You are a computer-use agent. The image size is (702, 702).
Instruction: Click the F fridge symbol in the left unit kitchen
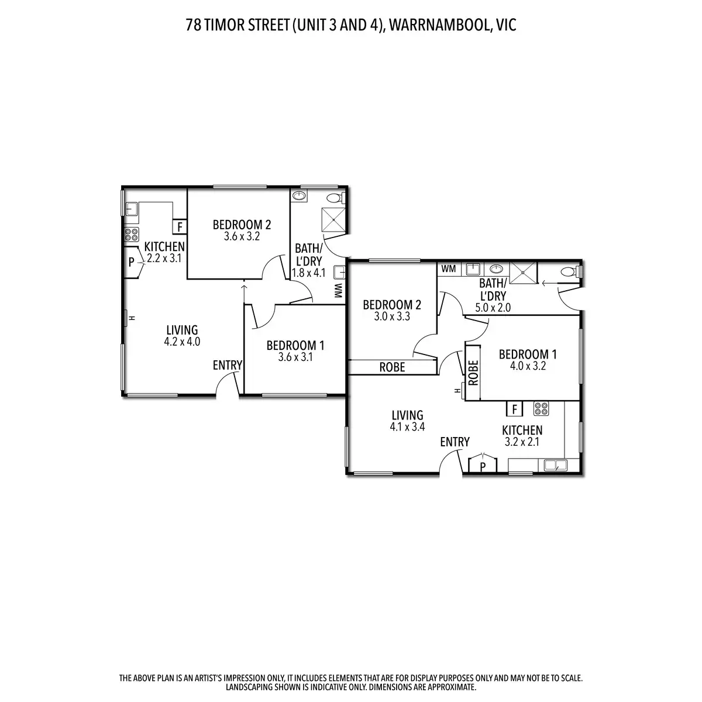tap(179, 226)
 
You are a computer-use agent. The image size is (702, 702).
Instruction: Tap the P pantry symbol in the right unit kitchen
tap(483, 466)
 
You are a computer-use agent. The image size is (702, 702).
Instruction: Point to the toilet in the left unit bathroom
tap(334, 197)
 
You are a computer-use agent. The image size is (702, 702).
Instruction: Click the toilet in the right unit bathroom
tap(568, 271)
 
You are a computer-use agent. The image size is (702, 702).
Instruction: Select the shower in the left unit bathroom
tap(334, 221)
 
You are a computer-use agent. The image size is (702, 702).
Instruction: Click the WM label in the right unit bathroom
tap(449, 269)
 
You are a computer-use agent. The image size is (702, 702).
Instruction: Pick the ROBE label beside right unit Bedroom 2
tap(393, 367)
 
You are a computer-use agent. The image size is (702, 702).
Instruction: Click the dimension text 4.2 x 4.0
tap(183, 342)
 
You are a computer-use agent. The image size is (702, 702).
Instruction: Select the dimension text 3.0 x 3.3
tap(391, 316)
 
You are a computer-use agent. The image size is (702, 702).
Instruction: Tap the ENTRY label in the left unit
tap(227, 365)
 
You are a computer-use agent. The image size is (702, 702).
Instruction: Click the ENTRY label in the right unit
tap(455, 442)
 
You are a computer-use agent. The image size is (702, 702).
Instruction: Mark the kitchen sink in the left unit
tap(131, 209)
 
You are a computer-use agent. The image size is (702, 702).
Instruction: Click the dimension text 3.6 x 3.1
tap(295, 357)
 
